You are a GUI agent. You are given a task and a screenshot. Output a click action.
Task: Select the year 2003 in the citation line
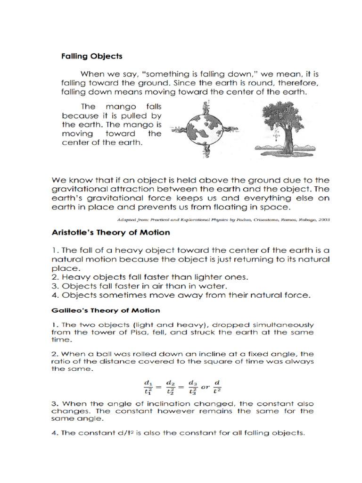pyautogui.click(x=323, y=219)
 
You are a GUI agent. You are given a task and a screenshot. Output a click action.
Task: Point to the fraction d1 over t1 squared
pyautogui.click(x=147, y=385)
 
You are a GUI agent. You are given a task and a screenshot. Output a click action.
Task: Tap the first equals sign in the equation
pyautogui.click(x=158, y=385)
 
